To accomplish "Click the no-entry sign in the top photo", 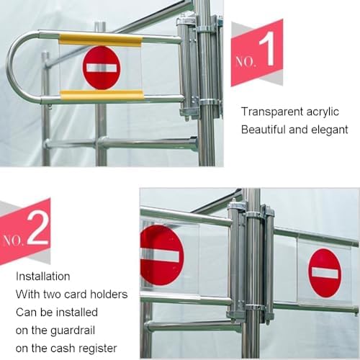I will point(102,67).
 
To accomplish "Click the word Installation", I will point(43,276).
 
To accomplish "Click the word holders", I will point(109,294).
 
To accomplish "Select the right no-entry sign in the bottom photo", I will point(325,273).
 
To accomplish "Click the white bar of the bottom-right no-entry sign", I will point(325,273).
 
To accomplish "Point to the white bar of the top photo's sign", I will point(102,68).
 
